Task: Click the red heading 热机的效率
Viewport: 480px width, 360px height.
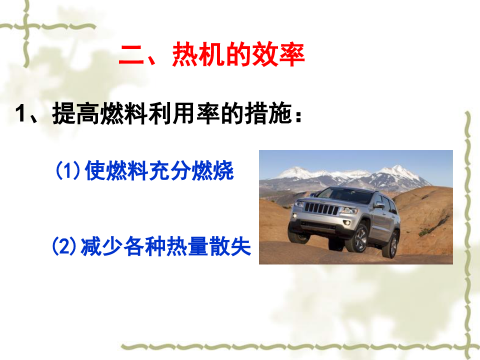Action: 238,54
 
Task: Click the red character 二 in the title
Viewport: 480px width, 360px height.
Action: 131,54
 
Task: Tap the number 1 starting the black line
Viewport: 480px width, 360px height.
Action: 20,113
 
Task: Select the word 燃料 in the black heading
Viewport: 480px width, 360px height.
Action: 124,113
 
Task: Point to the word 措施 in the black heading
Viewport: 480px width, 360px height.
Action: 268,113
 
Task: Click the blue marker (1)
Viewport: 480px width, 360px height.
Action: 68,170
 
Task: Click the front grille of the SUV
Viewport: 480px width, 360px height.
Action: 321,209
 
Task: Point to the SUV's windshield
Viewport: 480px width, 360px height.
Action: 344,195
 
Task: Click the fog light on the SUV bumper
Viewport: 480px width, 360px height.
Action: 347,222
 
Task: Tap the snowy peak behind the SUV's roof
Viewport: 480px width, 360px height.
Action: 397,169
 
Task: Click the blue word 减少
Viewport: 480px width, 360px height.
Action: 101,246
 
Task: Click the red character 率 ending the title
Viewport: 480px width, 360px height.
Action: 291,54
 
